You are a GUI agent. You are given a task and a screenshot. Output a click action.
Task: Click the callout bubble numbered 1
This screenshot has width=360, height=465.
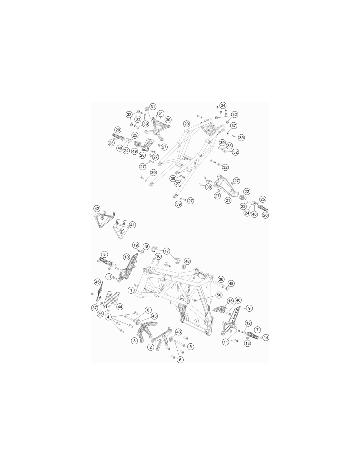pos(131,290)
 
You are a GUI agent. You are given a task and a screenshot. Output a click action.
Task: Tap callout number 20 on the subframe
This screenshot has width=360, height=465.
pos(187,124)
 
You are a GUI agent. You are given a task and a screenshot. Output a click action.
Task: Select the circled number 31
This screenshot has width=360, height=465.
pos(153,107)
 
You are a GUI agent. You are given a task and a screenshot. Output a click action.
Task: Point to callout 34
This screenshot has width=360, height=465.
pos(223,105)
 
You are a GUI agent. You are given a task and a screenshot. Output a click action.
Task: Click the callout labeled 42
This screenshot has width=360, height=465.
pos(97,209)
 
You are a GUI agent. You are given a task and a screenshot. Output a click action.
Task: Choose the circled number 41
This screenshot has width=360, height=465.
pos(133,225)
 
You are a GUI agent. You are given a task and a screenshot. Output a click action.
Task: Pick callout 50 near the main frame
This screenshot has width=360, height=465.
pos(219,295)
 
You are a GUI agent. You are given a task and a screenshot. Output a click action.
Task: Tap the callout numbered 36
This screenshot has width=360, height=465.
pos(221,279)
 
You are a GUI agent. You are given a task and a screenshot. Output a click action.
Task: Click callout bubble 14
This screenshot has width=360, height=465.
pos(266,337)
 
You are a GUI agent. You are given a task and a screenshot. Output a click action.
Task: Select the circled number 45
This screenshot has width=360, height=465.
pos(98,282)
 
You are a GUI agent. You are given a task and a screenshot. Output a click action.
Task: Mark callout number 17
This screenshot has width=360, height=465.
pos(167,251)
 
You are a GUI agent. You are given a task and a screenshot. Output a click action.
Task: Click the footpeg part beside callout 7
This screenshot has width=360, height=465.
pos(253,336)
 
